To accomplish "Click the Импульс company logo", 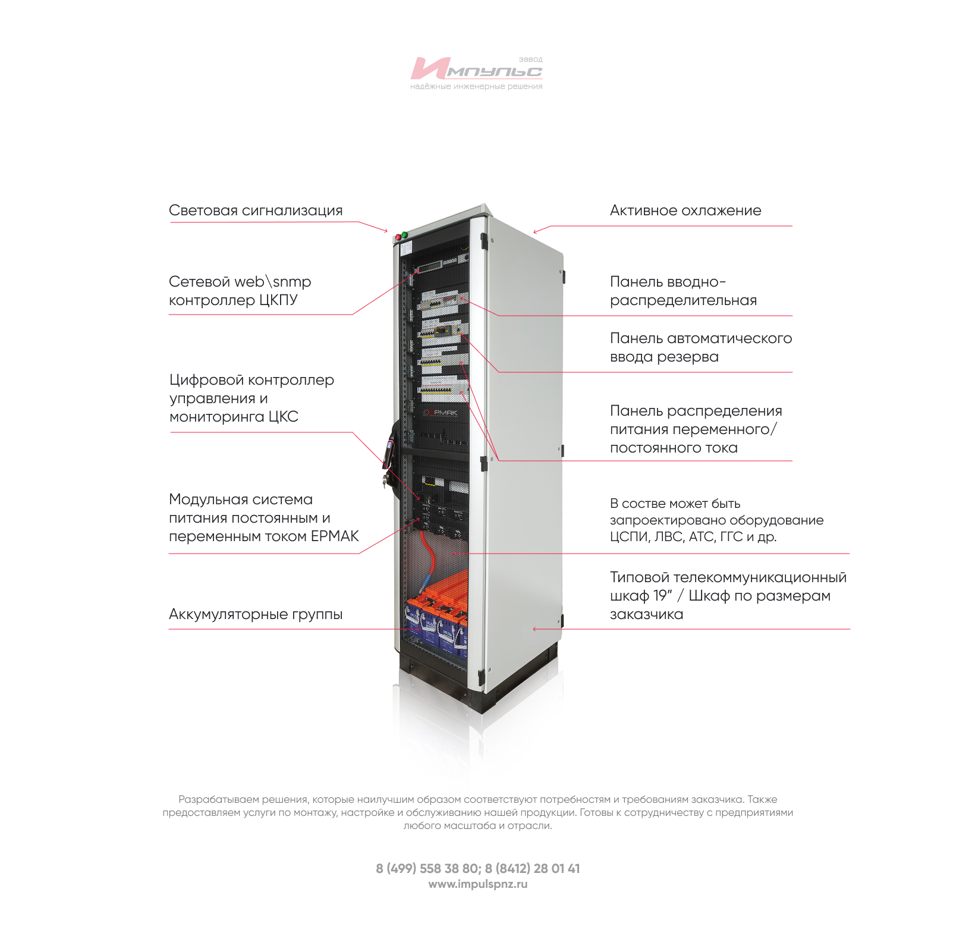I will point(476,70).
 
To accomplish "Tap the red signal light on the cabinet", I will point(398,237).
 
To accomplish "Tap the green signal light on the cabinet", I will point(405,235).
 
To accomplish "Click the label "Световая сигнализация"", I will point(256,211).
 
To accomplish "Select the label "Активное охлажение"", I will point(685,211).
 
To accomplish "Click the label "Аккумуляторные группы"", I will point(256,614).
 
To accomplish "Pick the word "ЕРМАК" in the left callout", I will point(335,536).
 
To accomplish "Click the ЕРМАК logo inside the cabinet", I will point(441,412).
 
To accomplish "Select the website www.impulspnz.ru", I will point(477,884).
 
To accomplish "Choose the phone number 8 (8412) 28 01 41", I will point(532,869).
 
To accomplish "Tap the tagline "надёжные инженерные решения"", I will point(476,87).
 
